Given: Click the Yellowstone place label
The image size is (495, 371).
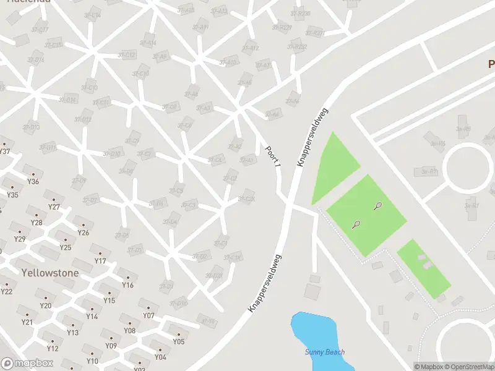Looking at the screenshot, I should point(41,273).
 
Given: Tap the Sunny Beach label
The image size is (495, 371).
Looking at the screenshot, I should point(325,352).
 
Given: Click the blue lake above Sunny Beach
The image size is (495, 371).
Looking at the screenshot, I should point(312,331).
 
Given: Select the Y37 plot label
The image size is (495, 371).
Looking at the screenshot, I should point(5,151).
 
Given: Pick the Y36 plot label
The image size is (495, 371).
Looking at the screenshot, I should point(33,181).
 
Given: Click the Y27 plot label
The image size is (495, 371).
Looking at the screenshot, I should point(54,207).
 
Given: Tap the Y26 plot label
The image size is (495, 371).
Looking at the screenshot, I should point(84,233).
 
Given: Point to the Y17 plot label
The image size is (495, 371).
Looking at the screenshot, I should point(100,261).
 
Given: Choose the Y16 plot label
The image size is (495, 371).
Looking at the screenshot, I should point(127,285).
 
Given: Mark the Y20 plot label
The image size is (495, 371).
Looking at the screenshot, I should point(45,305).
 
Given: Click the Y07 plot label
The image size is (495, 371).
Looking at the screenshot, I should point(148,315).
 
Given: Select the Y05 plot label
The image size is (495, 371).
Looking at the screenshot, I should point(178,341).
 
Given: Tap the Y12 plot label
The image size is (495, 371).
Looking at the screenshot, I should point(53,349).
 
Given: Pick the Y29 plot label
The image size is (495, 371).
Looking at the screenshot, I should point(20,239).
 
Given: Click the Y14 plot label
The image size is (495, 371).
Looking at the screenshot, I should point(92,317).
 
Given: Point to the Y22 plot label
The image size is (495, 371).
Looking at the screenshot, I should point(7,292).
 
